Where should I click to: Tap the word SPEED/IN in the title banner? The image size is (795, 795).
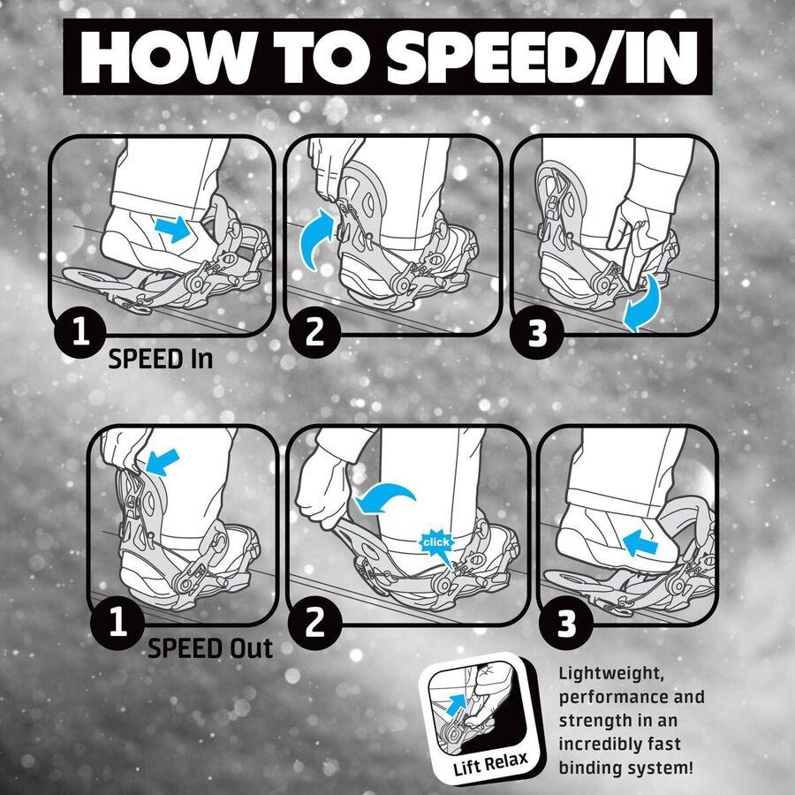point(541,57)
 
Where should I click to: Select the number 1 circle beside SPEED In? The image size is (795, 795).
point(80,332)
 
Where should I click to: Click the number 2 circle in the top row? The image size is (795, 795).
point(314,333)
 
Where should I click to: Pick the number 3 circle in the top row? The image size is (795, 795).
point(537,333)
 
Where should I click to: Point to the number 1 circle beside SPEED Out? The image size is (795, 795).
point(117,623)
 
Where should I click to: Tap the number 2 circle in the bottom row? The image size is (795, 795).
point(314,624)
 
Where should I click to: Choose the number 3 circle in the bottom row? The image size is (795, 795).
point(566,624)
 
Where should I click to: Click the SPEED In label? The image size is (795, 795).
point(160,359)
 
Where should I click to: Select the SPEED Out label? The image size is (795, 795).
point(210,648)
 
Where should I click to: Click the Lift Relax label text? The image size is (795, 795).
point(490,764)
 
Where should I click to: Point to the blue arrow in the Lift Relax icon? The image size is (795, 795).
point(457,705)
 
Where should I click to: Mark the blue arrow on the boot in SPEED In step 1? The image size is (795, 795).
point(173,229)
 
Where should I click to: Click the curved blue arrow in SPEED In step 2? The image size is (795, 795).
point(315,238)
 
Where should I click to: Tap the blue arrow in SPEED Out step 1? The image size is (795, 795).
point(163,462)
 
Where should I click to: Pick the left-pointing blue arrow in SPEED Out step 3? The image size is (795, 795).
point(640,544)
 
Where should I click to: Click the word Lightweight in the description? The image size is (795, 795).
point(611,675)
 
